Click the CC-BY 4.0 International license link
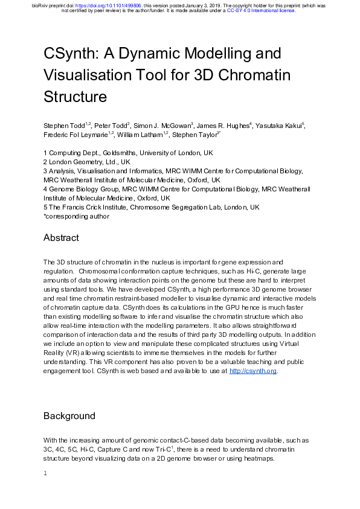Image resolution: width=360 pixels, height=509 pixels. point(261,11)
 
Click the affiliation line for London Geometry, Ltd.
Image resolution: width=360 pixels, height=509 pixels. point(86,162)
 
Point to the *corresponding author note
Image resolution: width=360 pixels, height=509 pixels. point(76,216)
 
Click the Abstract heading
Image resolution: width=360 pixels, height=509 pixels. point(61,238)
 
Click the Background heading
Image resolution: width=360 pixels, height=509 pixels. point(69,416)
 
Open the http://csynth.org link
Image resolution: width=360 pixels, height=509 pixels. point(253,371)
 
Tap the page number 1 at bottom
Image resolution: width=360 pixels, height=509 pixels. point(45,473)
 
